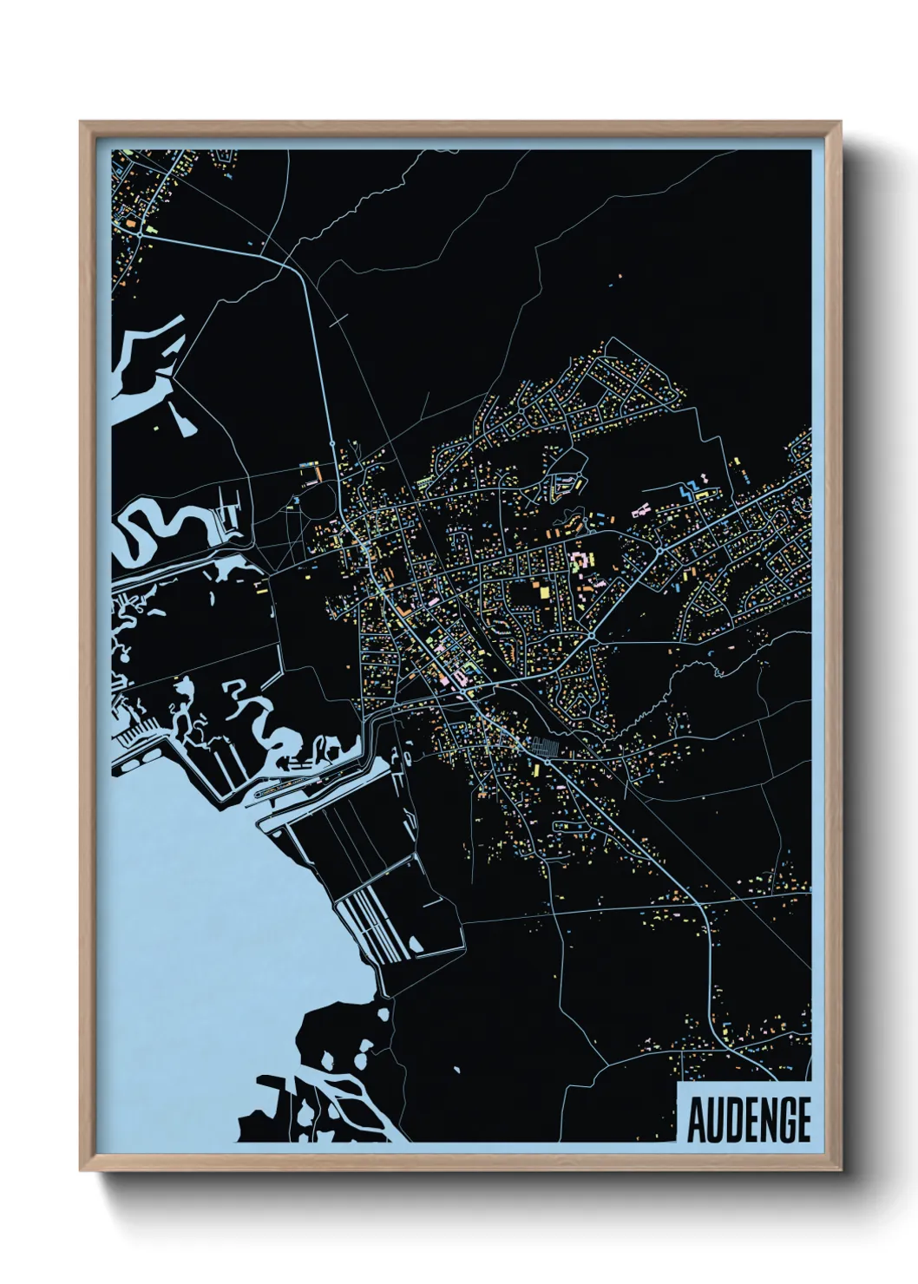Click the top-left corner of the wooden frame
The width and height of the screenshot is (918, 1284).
tap(81, 122)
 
